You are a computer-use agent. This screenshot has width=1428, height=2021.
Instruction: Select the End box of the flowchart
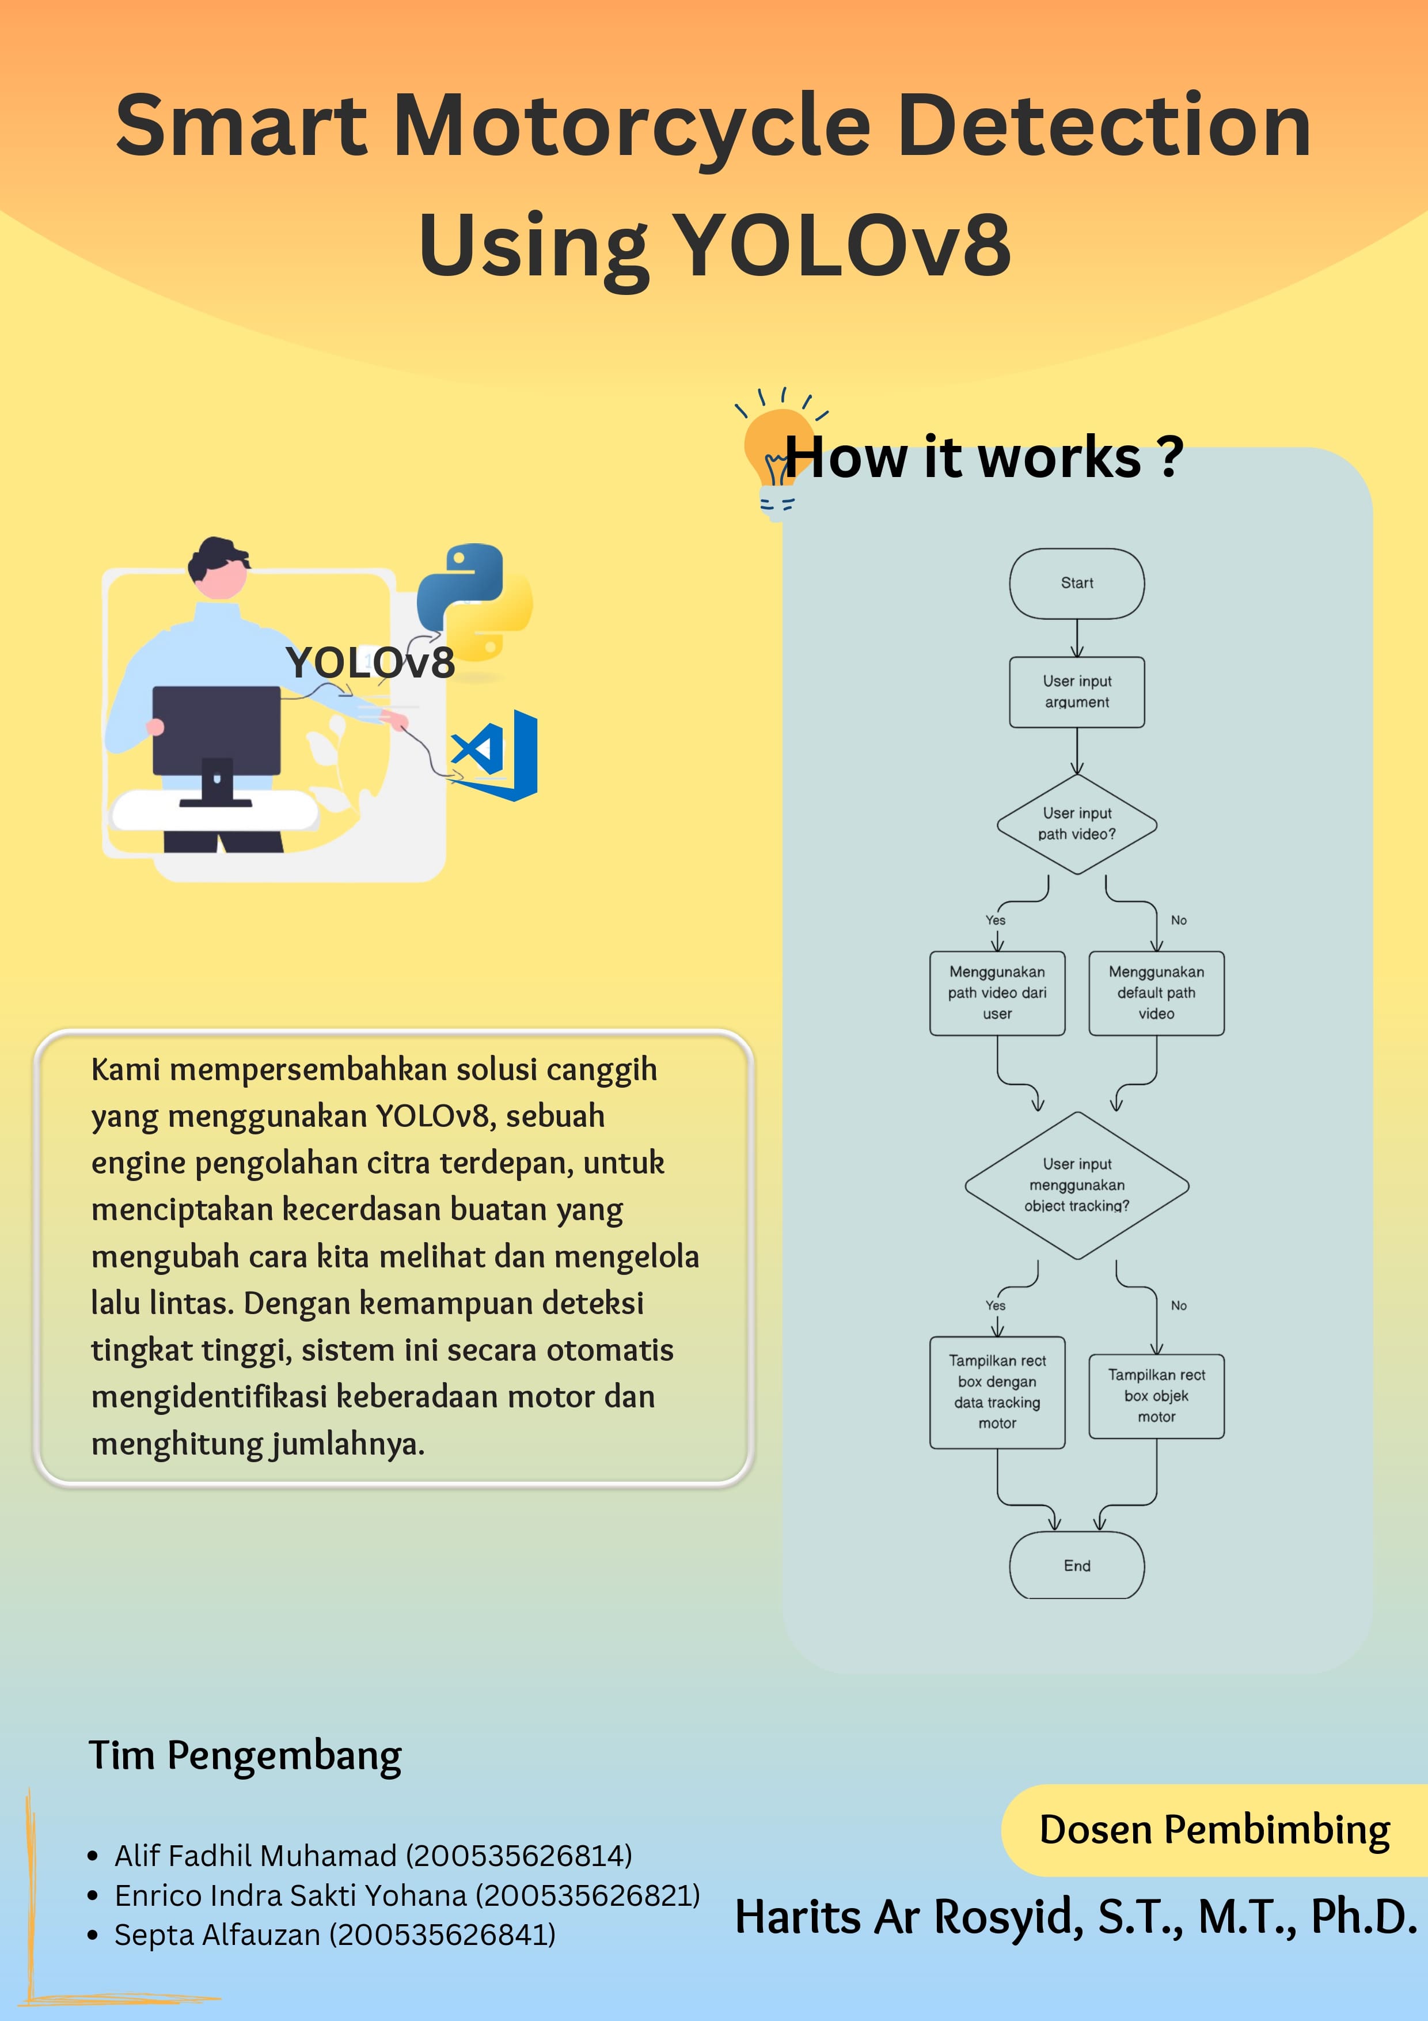click(x=1076, y=1566)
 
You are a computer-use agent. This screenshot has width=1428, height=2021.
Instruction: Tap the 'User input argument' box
click(x=1076, y=692)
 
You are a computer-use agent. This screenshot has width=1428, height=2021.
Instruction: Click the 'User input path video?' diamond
click(x=1076, y=824)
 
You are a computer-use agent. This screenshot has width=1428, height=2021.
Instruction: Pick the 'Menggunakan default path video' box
click(x=1156, y=993)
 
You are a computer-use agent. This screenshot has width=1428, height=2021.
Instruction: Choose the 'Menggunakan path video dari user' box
click(x=997, y=993)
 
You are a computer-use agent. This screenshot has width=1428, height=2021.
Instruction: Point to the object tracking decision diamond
click(x=1076, y=1185)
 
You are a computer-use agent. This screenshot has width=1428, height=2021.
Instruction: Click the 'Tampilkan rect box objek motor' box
click(x=1156, y=1396)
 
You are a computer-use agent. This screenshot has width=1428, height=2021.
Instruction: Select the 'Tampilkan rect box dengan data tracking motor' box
click(x=997, y=1392)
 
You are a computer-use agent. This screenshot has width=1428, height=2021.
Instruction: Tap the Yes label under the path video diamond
click(x=995, y=920)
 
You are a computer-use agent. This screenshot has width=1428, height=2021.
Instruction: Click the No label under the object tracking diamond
click(x=1178, y=1305)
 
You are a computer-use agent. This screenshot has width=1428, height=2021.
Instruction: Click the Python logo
click(x=473, y=601)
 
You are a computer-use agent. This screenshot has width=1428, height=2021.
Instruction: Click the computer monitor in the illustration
click(x=217, y=732)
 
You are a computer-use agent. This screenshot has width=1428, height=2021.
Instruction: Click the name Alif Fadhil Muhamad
click(x=255, y=1856)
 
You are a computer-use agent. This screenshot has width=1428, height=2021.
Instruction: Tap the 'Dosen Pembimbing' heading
click(x=1214, y=1830)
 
